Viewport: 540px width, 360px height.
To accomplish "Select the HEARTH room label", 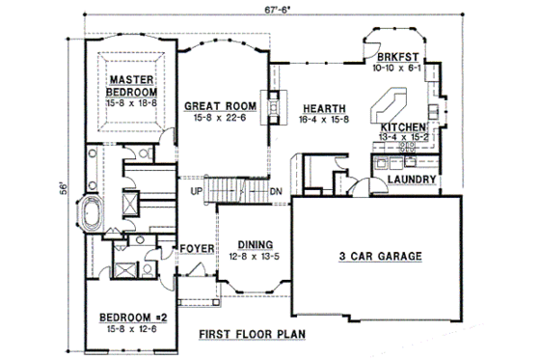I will pyautogui.click(x=317, y=107).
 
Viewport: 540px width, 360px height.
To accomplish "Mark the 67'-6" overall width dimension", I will pyautogui.click(x=274, y=10).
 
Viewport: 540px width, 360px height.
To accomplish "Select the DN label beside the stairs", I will pyautogui.click(x=275, y=191).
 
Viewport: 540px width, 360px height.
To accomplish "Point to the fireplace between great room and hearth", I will pyautogui.click(x=274, y=101).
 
